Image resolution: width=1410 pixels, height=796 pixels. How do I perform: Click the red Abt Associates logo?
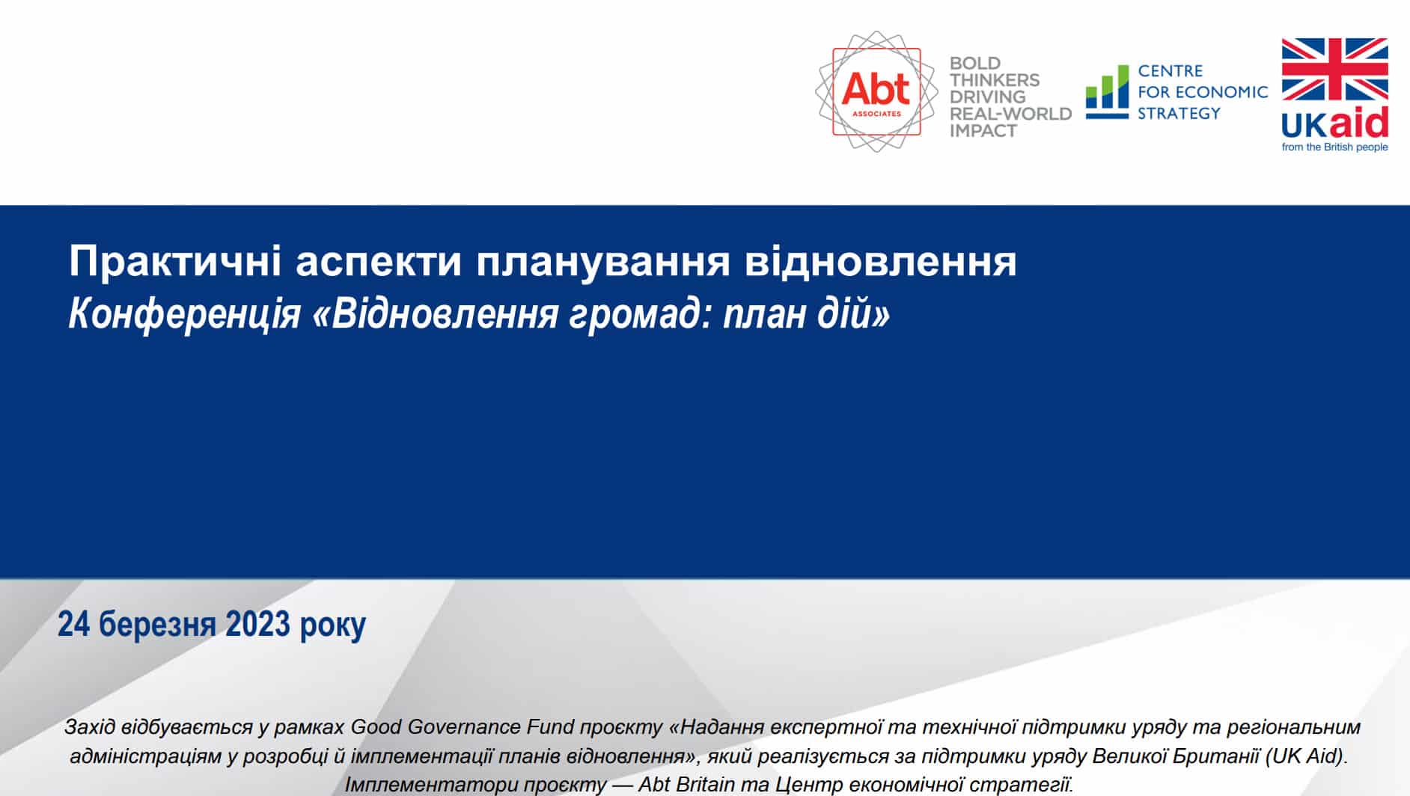click(x=876, y=91)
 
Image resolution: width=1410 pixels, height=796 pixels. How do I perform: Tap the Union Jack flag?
click(x=1335, y=70)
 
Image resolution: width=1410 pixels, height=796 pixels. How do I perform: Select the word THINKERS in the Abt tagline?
click(x=995, y=80)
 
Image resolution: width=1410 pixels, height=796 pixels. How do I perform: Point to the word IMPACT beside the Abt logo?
click(x=983, y=130)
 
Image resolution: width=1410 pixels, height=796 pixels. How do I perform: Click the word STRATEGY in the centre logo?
click(x=1179, y=114)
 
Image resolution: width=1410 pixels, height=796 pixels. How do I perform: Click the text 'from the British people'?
click(x=1335, y=147)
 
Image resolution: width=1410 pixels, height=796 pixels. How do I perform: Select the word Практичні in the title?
click(x=176, y=261)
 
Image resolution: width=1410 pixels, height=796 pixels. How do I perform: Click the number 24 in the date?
click(x=73, y=624)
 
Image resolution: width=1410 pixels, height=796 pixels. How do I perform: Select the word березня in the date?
click(x=157, y=624)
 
